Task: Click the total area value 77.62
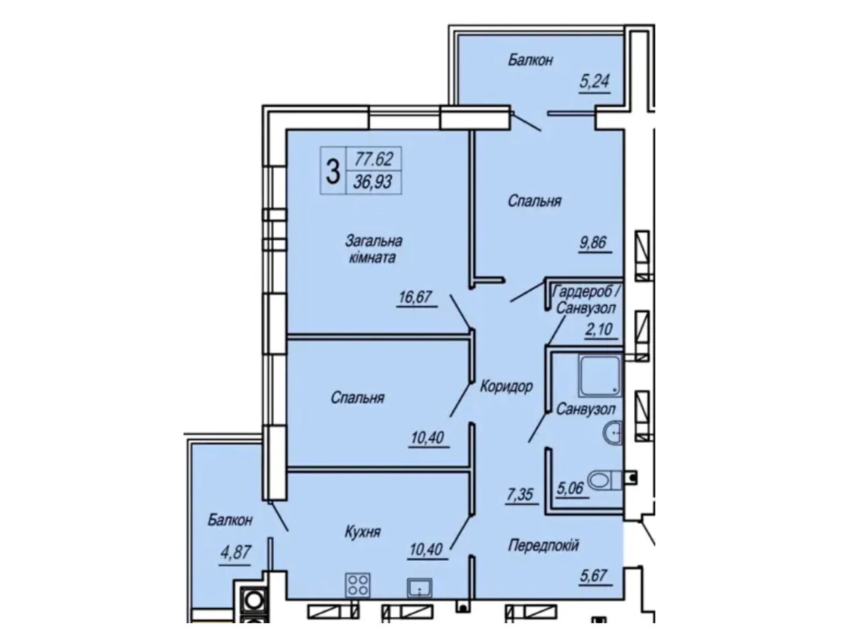pyautogui.click(x=373, y=159)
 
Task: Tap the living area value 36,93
pyautogui.click(x=372, y=182)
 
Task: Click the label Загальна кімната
pyautogui.click(x=373, y=249)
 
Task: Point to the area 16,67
pyautogui.click(x=415, y=297)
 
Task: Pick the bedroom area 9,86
pyautogui.click(x=593, y=242)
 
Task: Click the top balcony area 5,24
pyautogui.click(x=594, y=81)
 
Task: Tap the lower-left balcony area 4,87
pyautogui.click(x=235, y=552)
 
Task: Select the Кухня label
pyautogui.click(x=362, y=532)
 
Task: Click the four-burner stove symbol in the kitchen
pyautogui.click(x=358, y=586)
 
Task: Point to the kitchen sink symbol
pyautogui.click(x=419, y=588)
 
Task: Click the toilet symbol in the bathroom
pyautogui.click(x=604, y=480)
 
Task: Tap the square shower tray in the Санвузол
pyautogui.click(x=599, y=376)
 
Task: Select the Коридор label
pyautogui.click(x=507, y=386)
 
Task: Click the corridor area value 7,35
pyautogui.click(x=519, y=494)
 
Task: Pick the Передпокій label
pyautogui.click(x=543, y=545)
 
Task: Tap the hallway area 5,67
pyautogui.click(x=593, y=576)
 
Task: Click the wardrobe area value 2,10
pyautogui.click(x=599, y=329)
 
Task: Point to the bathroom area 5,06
pyautogui.click(x=570, y=488)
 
